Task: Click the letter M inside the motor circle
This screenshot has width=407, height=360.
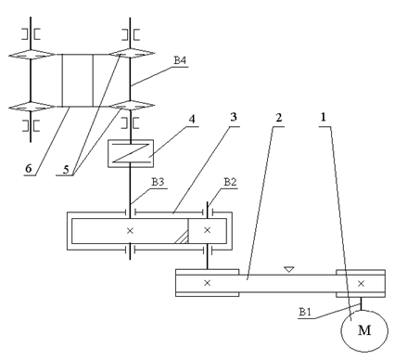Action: pos(364,330)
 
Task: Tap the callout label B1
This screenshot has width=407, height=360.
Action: pos(305,312)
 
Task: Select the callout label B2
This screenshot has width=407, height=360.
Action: pos(230,182)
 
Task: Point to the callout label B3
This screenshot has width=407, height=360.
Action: pos(158,182)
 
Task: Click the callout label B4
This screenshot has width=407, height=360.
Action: pos(180,60)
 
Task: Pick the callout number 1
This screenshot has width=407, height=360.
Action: pos(324,117)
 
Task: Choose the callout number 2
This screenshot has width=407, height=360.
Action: pos(279,118)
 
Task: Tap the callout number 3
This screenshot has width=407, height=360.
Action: pos(234,117)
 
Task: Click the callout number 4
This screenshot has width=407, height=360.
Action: pos(192,119)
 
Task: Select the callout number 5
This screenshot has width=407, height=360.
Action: pos(66,170)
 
